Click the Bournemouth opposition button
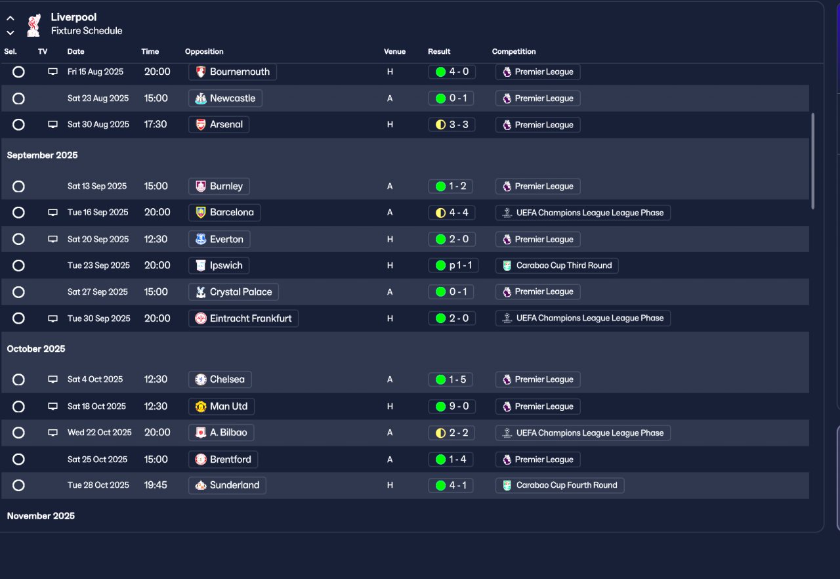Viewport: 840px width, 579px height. (232, 72)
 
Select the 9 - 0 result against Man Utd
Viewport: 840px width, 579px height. (451, 406)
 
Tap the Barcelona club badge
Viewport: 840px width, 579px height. (201, 213)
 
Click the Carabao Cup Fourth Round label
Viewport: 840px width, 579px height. (560, 486)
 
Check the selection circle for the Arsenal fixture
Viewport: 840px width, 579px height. (18, 125)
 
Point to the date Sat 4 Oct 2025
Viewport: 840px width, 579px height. (95, 379)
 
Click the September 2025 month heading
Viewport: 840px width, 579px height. (42, 156)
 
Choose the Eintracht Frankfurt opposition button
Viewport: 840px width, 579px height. (243, 318)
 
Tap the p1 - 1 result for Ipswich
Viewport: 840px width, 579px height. (451, 266)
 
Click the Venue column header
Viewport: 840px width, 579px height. (394, 52)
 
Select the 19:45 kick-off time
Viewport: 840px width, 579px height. (156, 486)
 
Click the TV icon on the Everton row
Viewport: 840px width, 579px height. (53, 240)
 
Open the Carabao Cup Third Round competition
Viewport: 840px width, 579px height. (557, 266)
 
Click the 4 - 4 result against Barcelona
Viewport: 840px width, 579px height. (451, 213)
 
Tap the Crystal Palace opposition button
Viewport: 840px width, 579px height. (234, 292)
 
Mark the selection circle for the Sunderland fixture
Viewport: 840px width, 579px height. (18, 486)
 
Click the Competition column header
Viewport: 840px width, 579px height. (514, 52)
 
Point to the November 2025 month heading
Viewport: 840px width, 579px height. (41, 517)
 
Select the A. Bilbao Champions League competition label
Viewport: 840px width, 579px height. (583, 433)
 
